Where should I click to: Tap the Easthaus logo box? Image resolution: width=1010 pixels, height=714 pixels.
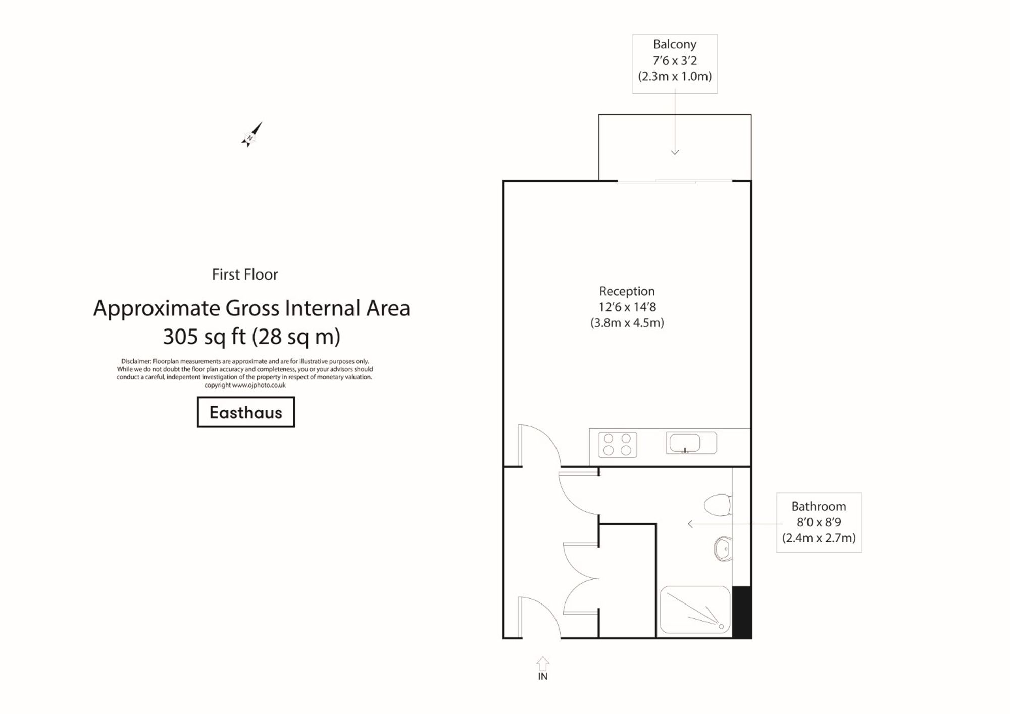[x=246, y=412]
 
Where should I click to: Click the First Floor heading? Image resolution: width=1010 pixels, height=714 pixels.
[x=245, y=274]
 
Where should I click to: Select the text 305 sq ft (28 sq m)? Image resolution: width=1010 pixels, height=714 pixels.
[x=251, y=337]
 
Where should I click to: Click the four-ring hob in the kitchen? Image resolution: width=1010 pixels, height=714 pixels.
[x=617, y=445]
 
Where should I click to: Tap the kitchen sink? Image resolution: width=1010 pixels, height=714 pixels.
[x=690, y=443]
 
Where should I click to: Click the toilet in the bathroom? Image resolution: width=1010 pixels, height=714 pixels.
[x=718, y=505]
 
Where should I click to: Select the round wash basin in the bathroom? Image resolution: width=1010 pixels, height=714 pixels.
[x=723, y=548]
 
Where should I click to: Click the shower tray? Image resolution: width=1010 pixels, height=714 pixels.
[x=695, y=610]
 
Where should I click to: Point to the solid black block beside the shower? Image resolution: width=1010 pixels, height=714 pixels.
[x=741, y=612]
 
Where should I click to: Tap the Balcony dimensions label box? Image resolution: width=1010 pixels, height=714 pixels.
[x=675, y=64]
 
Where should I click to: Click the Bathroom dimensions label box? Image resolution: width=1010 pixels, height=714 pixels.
[x=818, y=522]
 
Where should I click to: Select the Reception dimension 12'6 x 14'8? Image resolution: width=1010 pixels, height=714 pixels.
[x=627, y=307]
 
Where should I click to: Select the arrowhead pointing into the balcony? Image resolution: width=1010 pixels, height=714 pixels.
[x=675, y=152]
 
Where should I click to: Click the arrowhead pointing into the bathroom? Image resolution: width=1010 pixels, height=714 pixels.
[x=690, y=524]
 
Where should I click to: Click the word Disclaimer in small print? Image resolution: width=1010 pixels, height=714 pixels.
[x=136, y=361]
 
